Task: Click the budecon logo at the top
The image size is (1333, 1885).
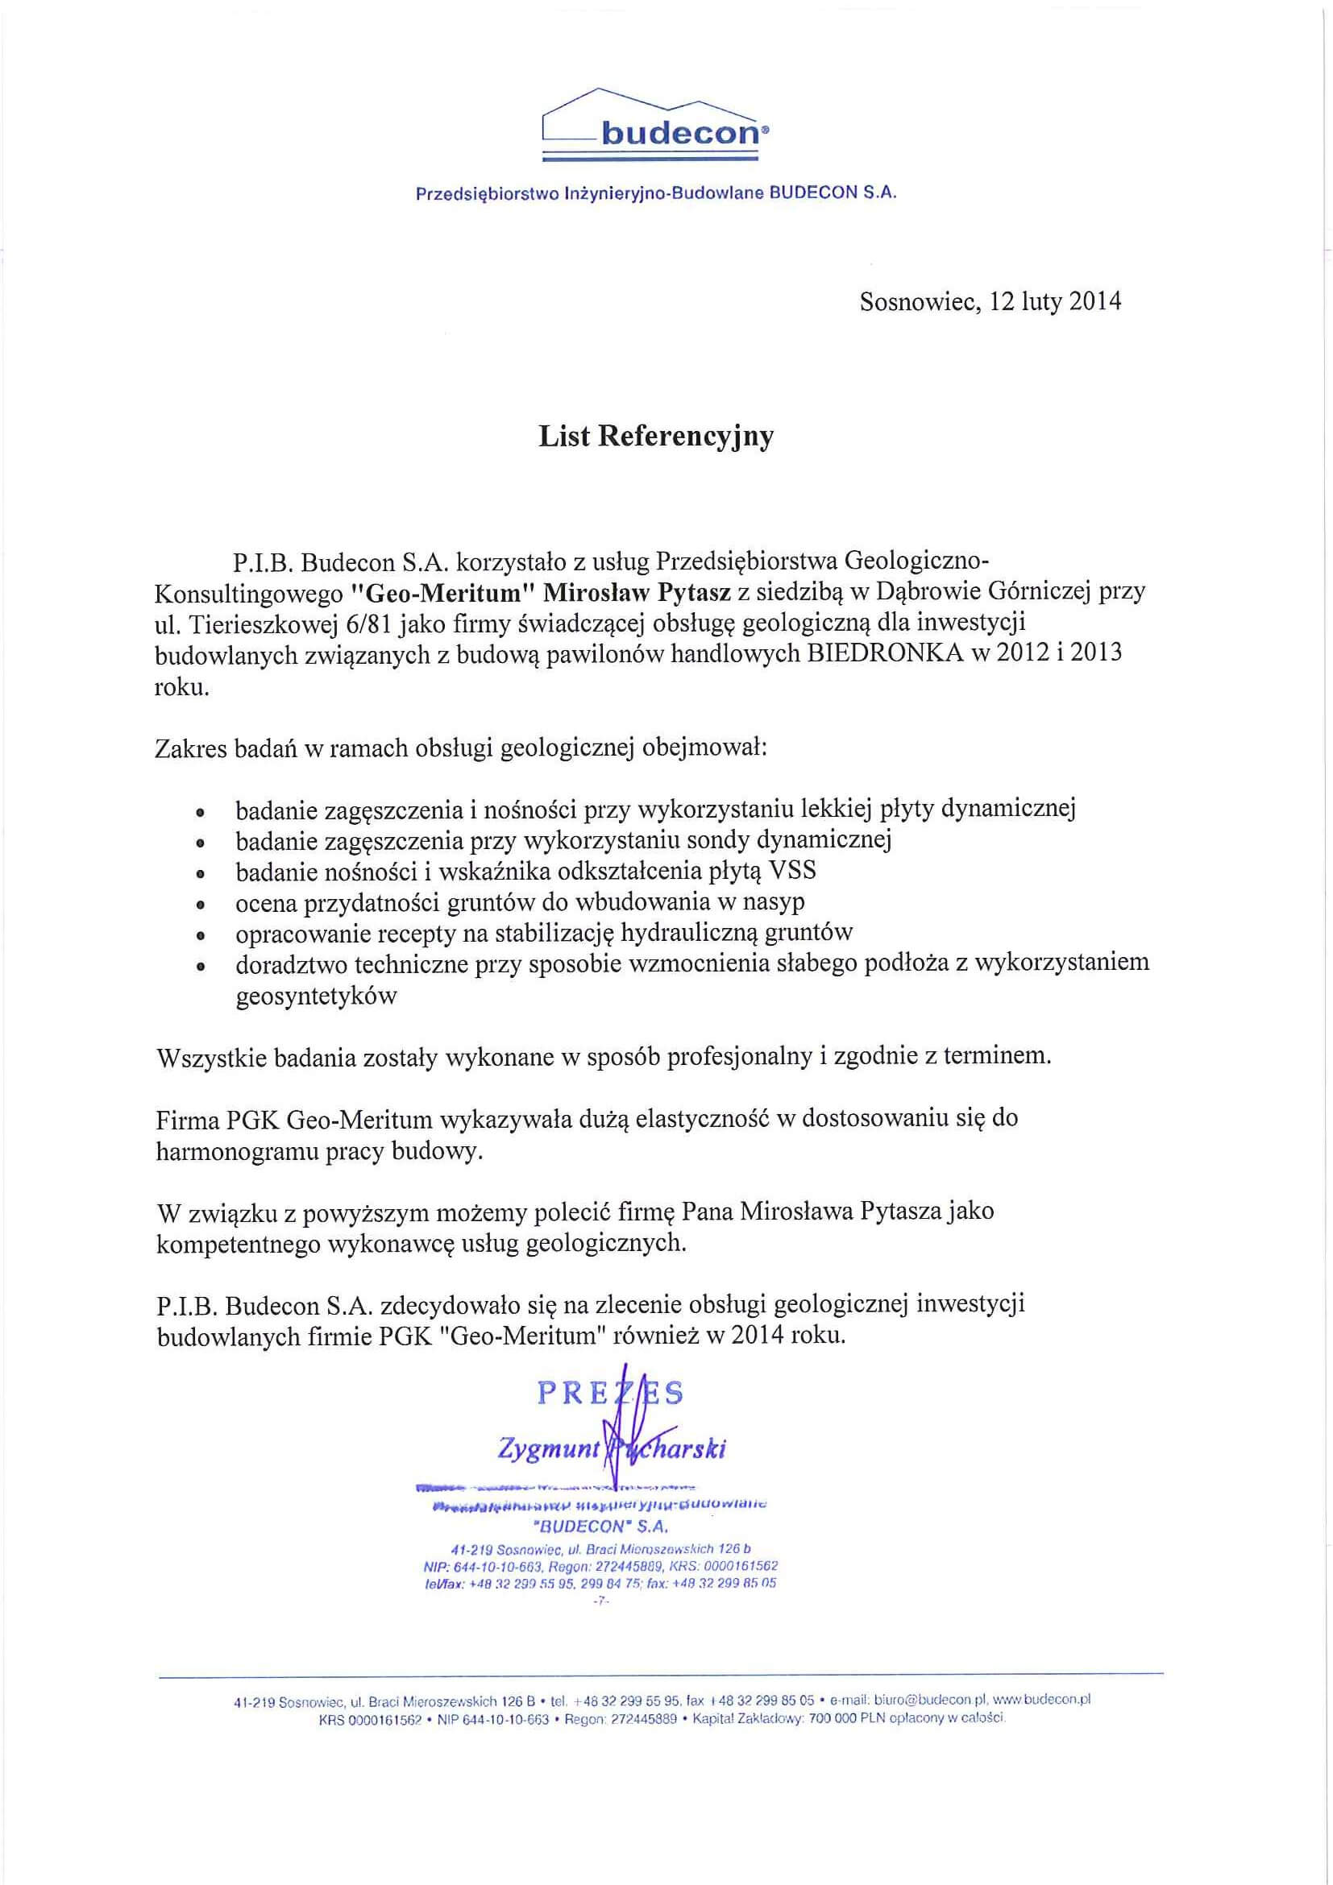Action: (x=656, y=123)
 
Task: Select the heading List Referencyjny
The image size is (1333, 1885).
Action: (x=655, y=437)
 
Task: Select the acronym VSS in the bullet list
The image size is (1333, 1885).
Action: (x=789, y=870)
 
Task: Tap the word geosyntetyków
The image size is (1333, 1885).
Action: (x=316, y=996)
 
